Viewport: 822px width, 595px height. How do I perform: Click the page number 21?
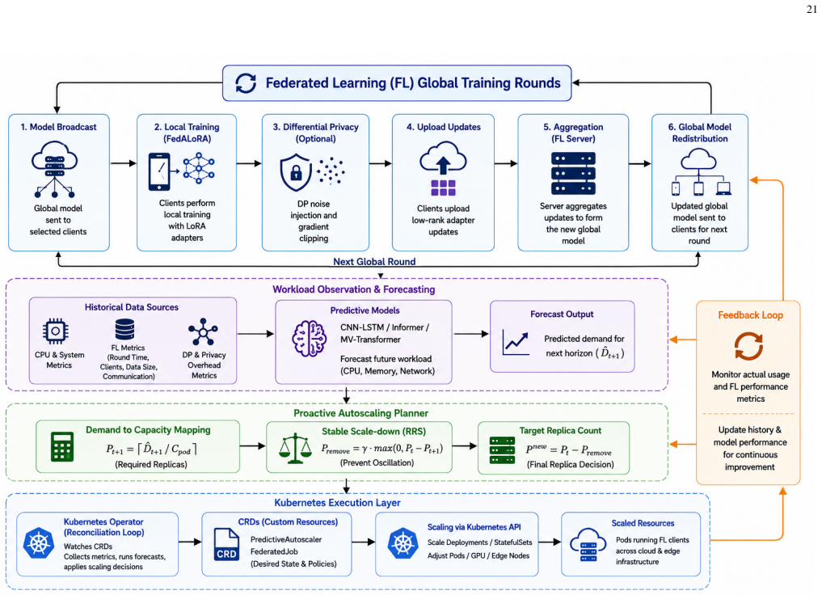click(811, 10)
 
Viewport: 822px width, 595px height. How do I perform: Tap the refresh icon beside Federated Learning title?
click(246, 82)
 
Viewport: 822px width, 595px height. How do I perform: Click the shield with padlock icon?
click(295, 172)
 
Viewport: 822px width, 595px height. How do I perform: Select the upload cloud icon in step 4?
click(443, 158)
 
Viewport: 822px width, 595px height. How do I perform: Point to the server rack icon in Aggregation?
click(573, 173)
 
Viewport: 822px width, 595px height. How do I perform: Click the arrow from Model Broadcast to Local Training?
click(123, 163)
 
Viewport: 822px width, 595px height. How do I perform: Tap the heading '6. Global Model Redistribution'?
click(700, 133)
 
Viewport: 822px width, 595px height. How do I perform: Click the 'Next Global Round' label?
click(374, 261)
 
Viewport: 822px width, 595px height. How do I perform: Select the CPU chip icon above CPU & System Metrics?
click(56, 331)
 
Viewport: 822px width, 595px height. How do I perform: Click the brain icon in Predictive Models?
click(309, 339)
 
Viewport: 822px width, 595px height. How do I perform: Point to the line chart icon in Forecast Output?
click(516, 342)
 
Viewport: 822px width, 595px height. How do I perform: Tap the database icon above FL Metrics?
click(124, 329)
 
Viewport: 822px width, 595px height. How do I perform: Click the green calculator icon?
click(62, 446)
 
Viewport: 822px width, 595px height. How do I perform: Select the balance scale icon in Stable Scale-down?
click(295, 448)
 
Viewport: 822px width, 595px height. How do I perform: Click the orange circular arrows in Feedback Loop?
click(748, 347)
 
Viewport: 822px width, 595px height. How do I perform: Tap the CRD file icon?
click(226, 545)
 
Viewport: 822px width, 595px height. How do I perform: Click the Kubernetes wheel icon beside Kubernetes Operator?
click(39, 543)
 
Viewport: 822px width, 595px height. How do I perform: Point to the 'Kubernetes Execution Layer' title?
click(337, 503)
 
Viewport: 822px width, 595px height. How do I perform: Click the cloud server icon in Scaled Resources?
click(588, 545)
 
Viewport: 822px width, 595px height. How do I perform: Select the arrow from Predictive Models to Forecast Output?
click(471, 333)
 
